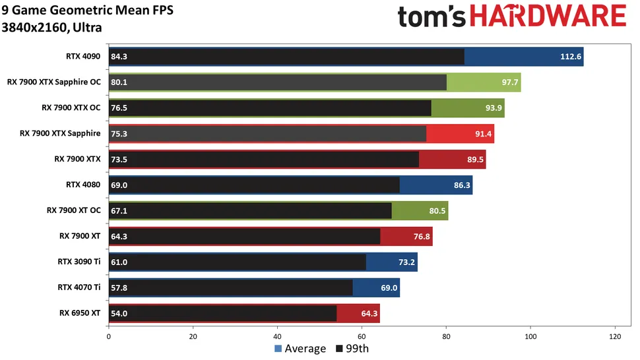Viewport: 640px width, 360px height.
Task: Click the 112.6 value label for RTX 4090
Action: pyautogui.click(x=571, y=57)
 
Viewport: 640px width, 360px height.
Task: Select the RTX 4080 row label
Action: pyautogui.click(x=83, y=185)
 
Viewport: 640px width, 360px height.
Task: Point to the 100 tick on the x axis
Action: pyautogui.click(x=530, y=336)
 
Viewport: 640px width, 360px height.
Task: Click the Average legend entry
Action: pyautogui.click(x=300, y=349)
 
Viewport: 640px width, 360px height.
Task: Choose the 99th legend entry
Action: pyautogui.click(x=353, y=349)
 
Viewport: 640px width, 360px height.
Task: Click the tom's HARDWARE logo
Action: pyautogui.click(x=511, y=17)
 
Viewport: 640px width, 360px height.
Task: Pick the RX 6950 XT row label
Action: pyautogui.click(x=80, y=313)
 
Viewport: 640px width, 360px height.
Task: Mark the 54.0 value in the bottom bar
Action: pyautogui.click(x=119, y=313)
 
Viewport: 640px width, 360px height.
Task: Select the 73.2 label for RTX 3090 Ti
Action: pyautogui.click(x=406, y=262)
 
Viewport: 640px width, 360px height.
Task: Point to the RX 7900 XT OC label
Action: pyautogui.click(x=73, y=210)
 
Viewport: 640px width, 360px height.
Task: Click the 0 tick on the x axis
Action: pyautogui.click(x=108, y=336)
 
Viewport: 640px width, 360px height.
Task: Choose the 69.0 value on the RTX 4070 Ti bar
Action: pyautogui.click(x=389, y=287)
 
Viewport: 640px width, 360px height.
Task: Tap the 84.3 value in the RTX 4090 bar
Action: pyautogui.click(x=119, y=57)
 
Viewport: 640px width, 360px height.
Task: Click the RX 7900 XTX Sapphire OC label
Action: pyautogui.click(x=54, y=82)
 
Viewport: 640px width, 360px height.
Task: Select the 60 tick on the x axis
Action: pyautogui.click(x=362, y=336)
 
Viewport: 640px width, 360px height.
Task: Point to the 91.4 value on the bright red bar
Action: pyautogui.click(x=483, y=134)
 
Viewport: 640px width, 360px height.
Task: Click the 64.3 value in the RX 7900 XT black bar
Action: pyautogui.click(x=119, y=236)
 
